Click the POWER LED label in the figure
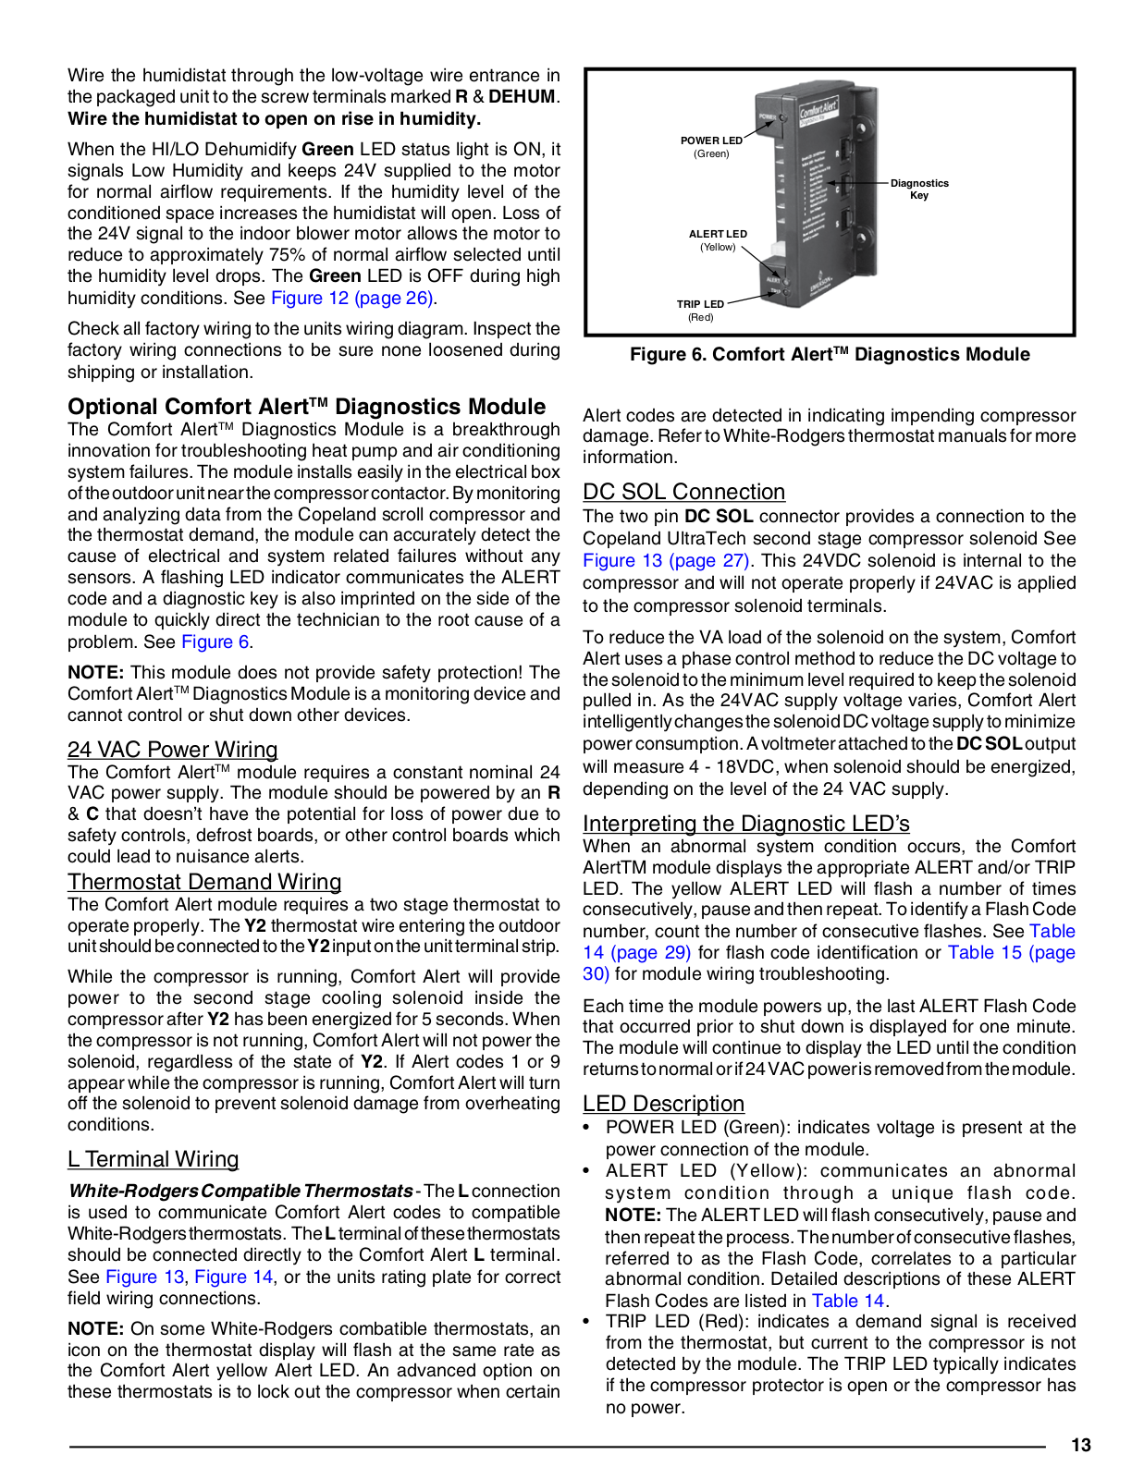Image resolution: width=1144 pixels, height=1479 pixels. click(711, 141)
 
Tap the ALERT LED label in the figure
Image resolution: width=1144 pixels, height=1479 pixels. click(718, 235)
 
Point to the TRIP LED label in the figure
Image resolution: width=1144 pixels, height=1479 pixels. click(700, 304)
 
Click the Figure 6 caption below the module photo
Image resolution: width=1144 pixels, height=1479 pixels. click(830, 355)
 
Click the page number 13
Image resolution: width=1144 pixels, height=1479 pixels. click(1080, 1446)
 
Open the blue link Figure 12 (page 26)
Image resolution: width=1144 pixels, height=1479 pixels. click(352, 299)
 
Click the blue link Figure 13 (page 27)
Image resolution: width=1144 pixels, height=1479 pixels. click(666, 561)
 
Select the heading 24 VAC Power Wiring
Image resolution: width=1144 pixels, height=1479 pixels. click(172, 750)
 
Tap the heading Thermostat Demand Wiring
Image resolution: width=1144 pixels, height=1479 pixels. click(204, 882)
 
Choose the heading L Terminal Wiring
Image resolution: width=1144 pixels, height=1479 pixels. click(153, 1159)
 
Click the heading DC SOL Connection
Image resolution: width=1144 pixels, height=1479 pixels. click(683, 492)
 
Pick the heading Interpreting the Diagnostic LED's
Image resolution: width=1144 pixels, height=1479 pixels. click(745, 824)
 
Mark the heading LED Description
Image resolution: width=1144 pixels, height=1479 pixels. click(663, 1104)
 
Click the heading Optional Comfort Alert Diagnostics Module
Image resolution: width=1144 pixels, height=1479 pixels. click(306, 407)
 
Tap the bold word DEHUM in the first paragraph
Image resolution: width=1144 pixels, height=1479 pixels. click(522, 97)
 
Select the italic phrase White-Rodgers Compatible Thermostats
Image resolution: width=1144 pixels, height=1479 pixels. click(240, 1192)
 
